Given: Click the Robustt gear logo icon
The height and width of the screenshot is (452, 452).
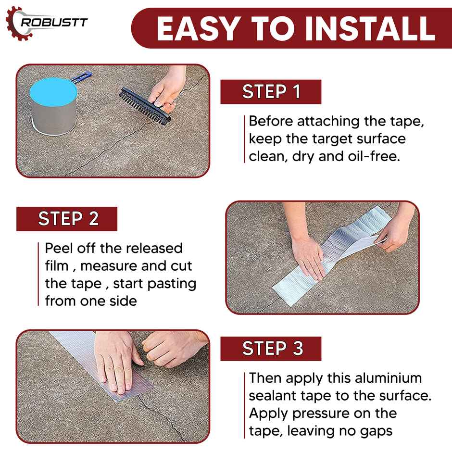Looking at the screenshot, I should click(15, 22).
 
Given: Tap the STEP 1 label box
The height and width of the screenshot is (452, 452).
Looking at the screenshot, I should click(271, 92).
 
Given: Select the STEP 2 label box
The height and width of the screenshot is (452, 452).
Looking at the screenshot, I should click(67, 219).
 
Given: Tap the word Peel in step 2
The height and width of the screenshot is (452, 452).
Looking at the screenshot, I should click(59, 248).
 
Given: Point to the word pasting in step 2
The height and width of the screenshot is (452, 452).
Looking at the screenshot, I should click(172, 283).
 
